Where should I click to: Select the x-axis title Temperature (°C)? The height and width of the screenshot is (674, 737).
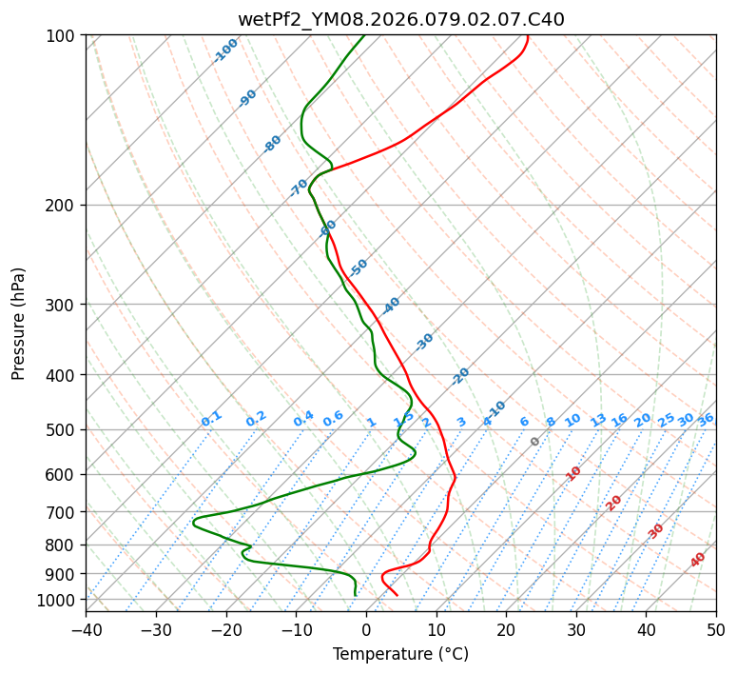400,655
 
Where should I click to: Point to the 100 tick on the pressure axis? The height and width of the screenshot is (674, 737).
63,36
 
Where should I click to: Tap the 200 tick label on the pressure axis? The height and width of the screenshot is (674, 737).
63,206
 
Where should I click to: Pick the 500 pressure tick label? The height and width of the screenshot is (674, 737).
63,430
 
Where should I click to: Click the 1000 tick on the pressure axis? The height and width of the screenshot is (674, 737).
59,600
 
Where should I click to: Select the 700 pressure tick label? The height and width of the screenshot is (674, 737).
63,512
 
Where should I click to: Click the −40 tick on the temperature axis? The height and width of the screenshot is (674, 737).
86,630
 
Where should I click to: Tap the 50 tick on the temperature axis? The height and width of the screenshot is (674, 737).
716,630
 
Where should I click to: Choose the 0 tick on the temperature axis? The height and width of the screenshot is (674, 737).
367,630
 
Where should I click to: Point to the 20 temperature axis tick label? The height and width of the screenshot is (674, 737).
506,630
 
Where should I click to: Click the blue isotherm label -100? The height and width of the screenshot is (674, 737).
226,50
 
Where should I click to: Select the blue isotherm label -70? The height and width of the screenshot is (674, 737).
299,187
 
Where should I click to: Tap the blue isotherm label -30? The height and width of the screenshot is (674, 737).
424,342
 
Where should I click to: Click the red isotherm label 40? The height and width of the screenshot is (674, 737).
698,560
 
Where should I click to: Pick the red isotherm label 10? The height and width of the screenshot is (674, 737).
573,473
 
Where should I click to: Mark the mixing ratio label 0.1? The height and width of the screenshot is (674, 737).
211,418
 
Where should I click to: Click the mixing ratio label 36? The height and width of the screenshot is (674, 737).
706,419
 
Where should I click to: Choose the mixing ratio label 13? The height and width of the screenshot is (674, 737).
598,420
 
